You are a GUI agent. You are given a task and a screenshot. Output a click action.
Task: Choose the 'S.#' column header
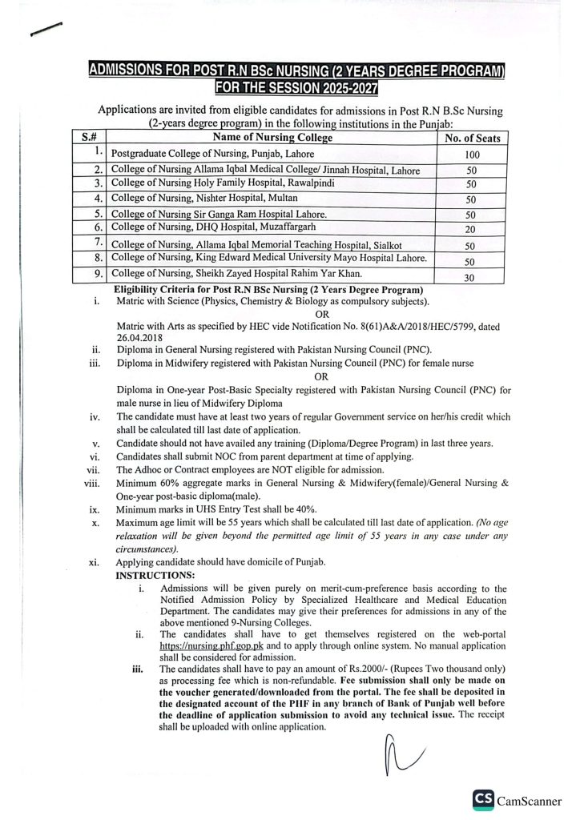coord(88,138)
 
